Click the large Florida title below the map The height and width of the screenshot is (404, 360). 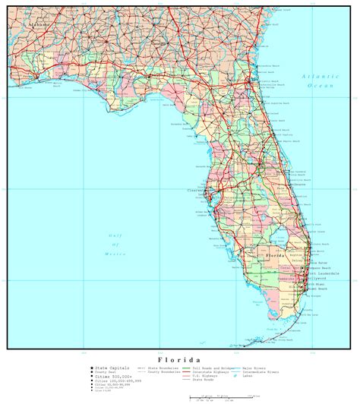point(179,358)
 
